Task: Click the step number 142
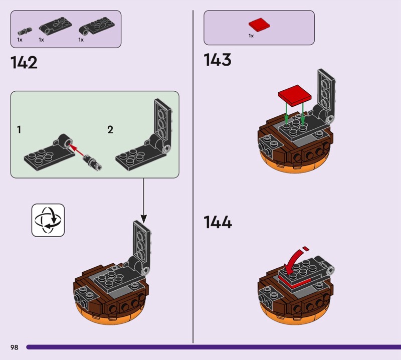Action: point(24,63)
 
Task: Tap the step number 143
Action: point(217,60)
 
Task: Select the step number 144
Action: point(218,222)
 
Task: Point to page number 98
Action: point(14,347)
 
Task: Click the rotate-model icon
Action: point(48,220)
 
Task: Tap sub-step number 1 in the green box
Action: point(19,130)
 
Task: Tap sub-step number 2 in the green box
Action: point(110,130)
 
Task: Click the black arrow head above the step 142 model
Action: point(143,219)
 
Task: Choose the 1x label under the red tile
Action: point(251,36)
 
